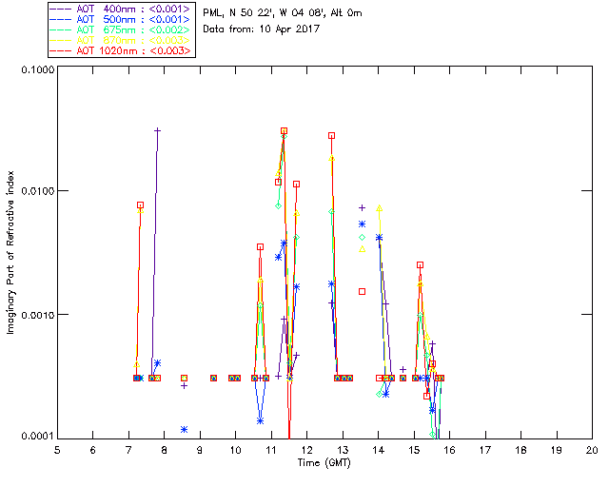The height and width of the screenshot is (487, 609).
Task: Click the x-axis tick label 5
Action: [57, 449]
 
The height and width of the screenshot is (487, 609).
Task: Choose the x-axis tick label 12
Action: [306, 449]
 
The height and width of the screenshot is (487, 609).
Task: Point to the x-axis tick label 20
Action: [592, 449]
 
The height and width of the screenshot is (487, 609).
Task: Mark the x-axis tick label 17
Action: [485, 449]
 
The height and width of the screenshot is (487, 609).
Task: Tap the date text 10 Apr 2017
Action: [286, 29]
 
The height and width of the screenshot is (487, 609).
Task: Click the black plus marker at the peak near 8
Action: [158, 130]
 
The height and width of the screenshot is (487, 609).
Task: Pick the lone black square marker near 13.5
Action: [362, 291]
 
